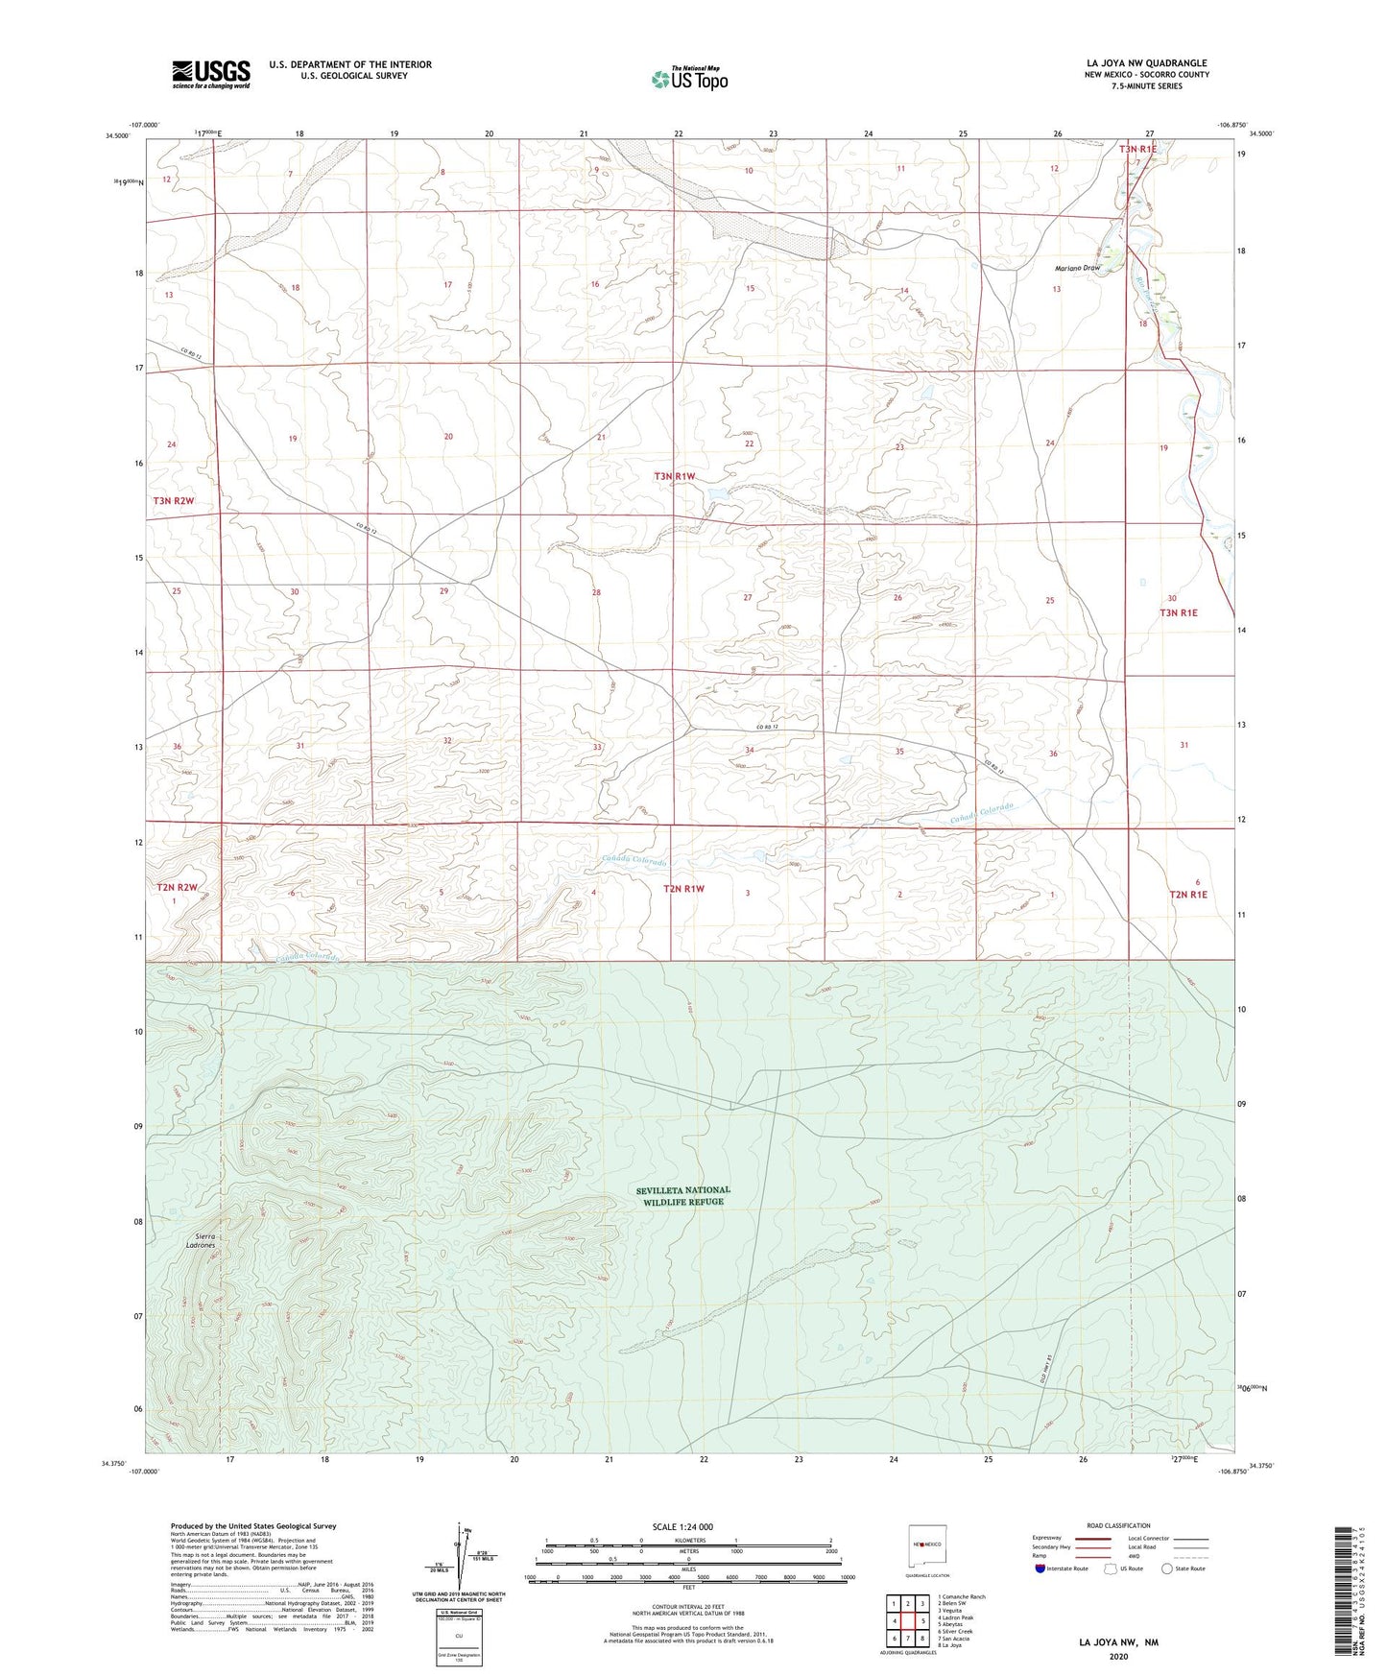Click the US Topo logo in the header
[x=689, y=79]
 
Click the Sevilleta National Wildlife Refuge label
[x=682, y=1196]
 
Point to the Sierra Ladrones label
[x=201, y=1241]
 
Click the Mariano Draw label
[x=1077, y=269]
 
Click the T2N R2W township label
[x=175, y=888]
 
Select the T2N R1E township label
[x=1187, y=895]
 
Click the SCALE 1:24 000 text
[x=682, y=1526]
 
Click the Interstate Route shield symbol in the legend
[x=1040, y=1568]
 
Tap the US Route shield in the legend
[x=1112, y=1568]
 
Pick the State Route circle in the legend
[x=1166, y=1568]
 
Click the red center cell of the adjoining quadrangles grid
[x=907, y=1621]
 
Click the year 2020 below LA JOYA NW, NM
[x=1118, y=1656]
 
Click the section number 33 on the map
[x=597, y=747]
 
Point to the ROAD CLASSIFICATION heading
[x=1119, y=1525]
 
